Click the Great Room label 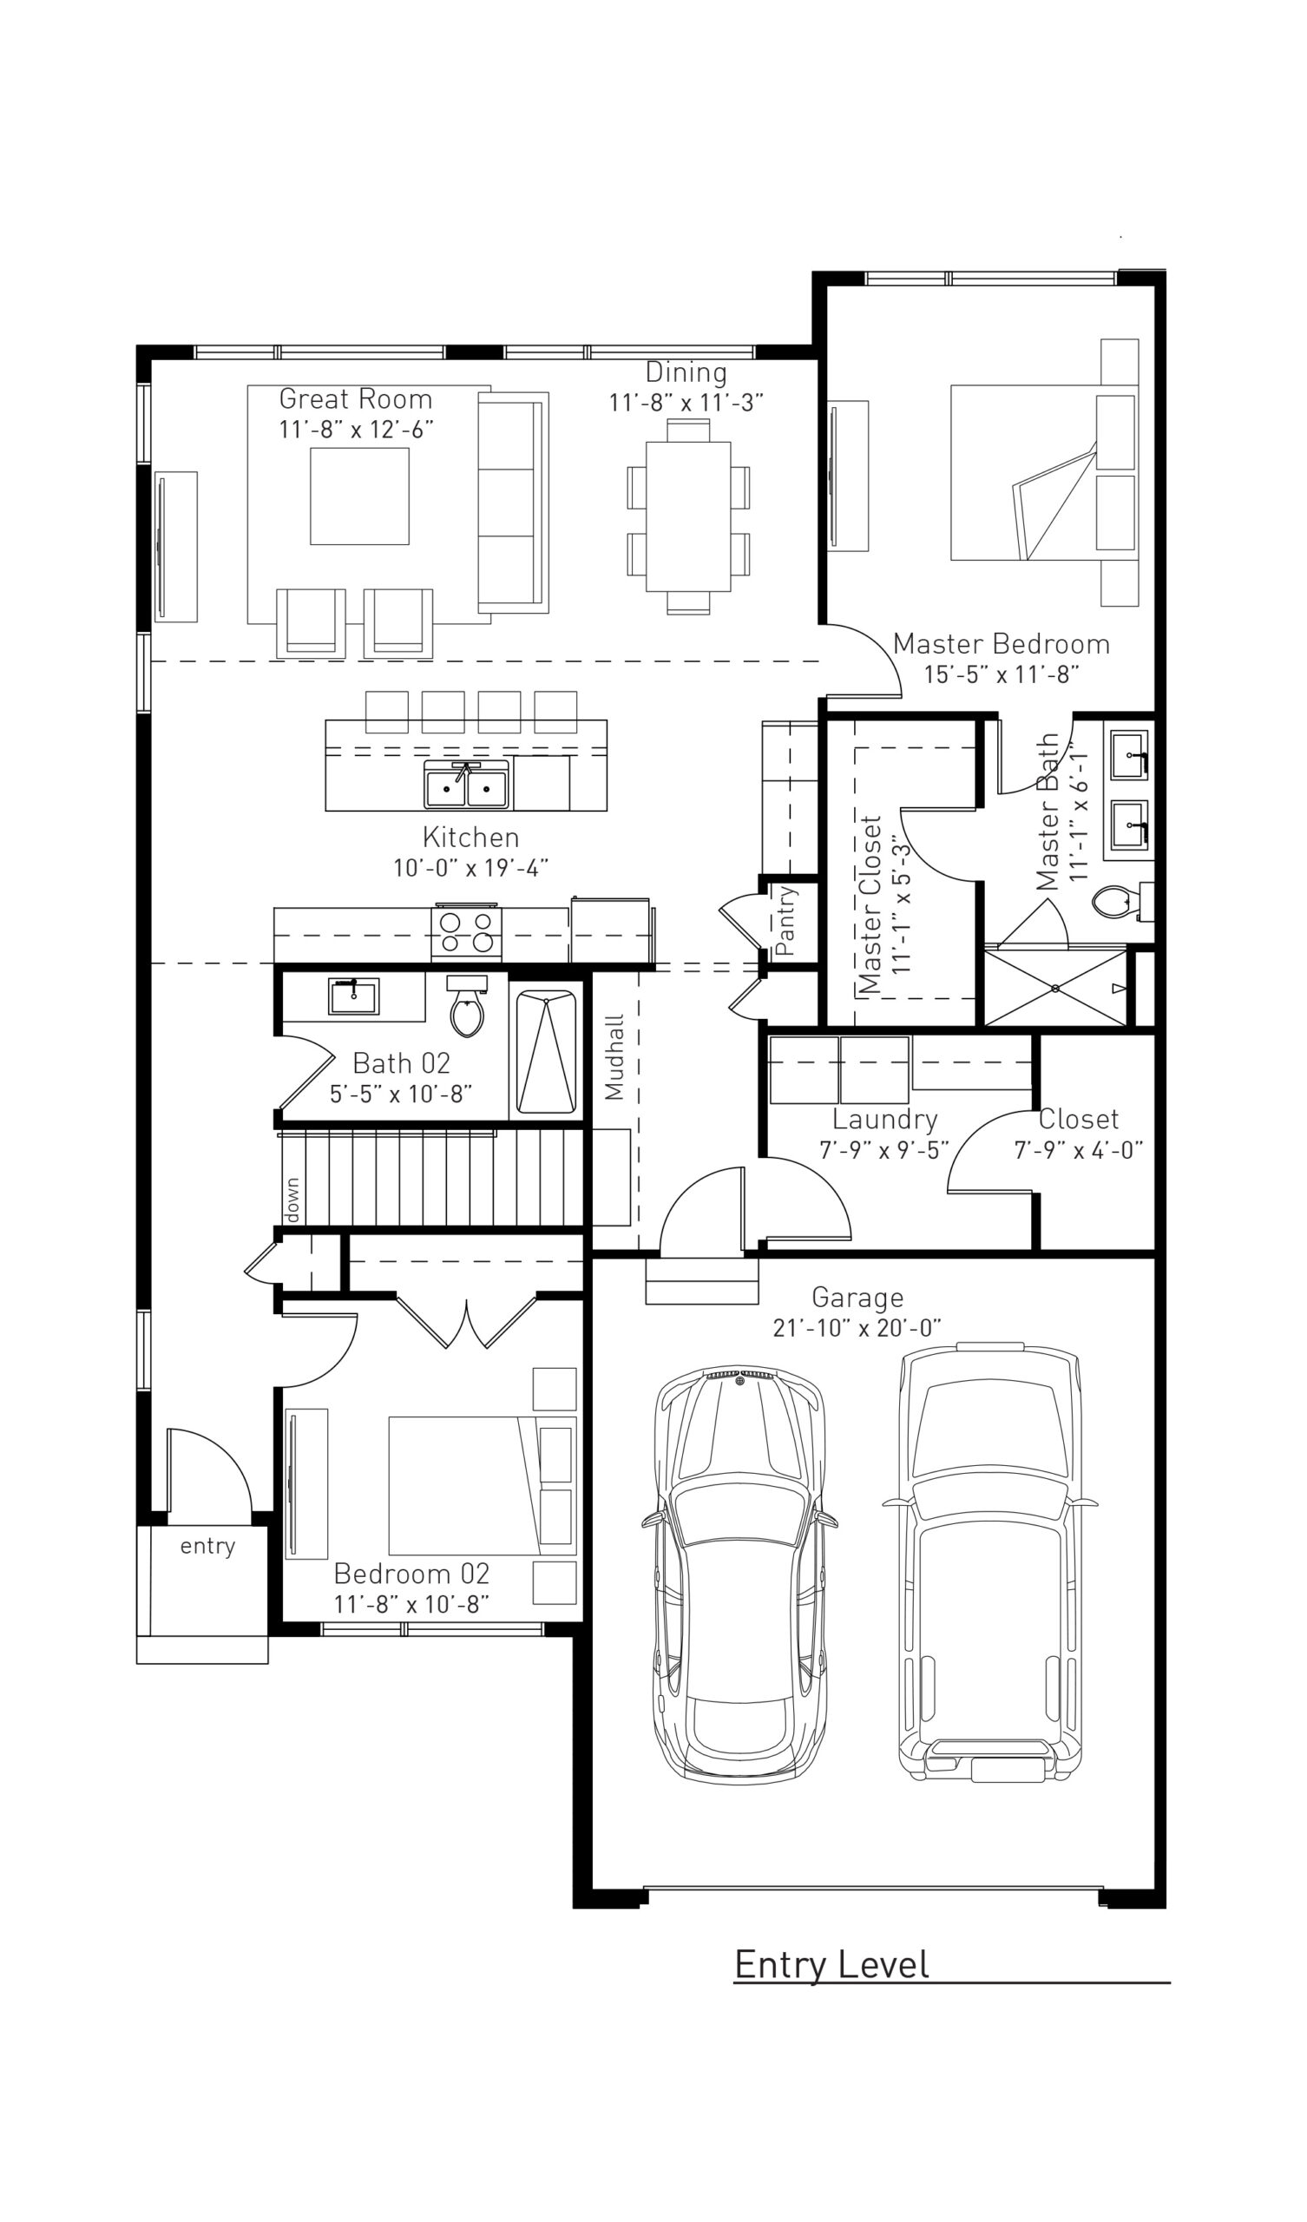[x=356, y=399]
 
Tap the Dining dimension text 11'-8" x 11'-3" [x=686, y=403]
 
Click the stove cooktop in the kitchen [x=467, y=932]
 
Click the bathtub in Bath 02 [x=546, y=1052]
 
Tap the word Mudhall [x=614, y=1056]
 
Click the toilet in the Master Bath [x=1113, y=902]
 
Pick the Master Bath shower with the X [x=1055, y=989]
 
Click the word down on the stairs [x=292, y=1200]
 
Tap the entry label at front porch [x=207, y=1546]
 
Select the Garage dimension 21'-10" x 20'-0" [x=857, y=1328]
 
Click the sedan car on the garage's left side [x=739, y=1578]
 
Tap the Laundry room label [x=884, y=1120]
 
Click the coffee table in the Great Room [x=360, y=496]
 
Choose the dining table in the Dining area [x=688, y=516]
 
